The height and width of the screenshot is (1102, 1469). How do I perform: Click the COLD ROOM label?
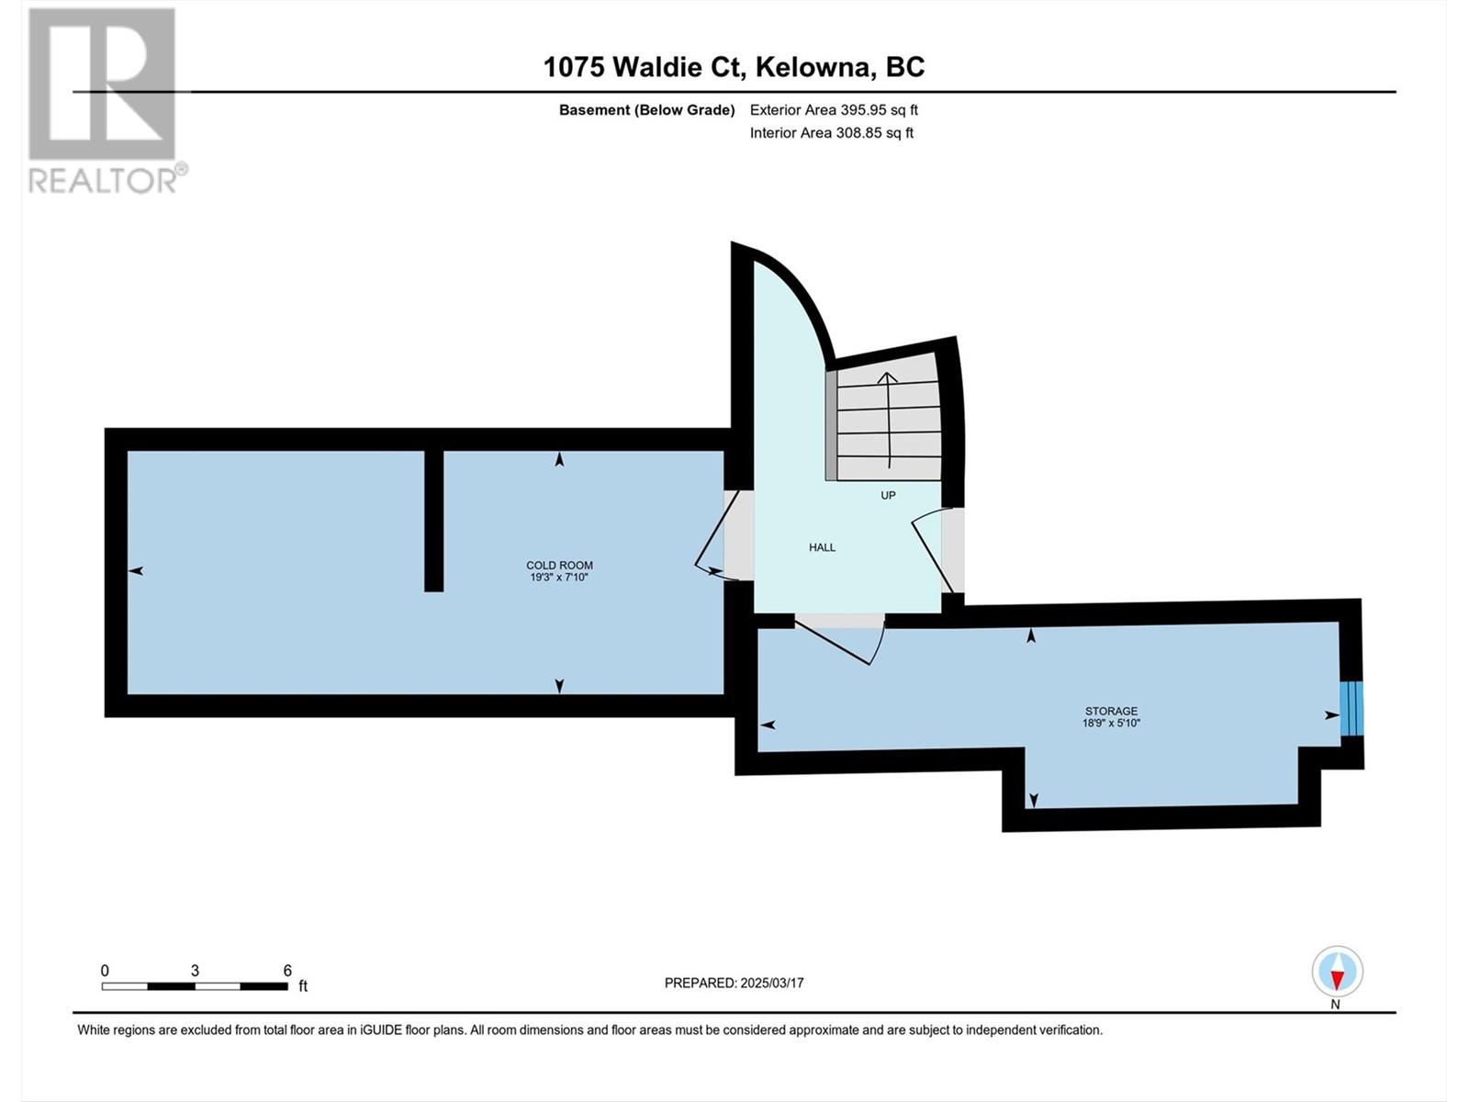(559, 566)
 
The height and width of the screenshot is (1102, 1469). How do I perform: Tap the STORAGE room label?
(1111, 711)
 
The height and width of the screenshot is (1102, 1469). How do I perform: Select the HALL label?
(822, 547)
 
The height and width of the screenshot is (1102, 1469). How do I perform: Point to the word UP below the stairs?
(888, 495)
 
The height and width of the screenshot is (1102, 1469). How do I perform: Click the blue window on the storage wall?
(1351, 709)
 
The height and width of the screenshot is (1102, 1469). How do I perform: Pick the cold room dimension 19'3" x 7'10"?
(559, 578)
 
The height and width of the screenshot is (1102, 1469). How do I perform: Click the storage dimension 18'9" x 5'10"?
(1111, 724)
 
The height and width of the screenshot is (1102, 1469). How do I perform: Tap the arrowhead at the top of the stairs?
(888, 377)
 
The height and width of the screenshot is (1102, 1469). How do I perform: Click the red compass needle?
(1337, 979)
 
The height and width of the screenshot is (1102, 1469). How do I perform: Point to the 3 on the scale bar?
(195, 971)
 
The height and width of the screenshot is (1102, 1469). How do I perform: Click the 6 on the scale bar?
(287, 971)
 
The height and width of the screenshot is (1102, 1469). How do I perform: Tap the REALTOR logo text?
(104, 180)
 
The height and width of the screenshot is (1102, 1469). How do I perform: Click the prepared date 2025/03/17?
(771, 983)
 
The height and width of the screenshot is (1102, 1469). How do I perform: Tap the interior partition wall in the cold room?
(433, 521)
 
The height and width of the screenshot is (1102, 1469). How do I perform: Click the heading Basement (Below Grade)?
(647, 109)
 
